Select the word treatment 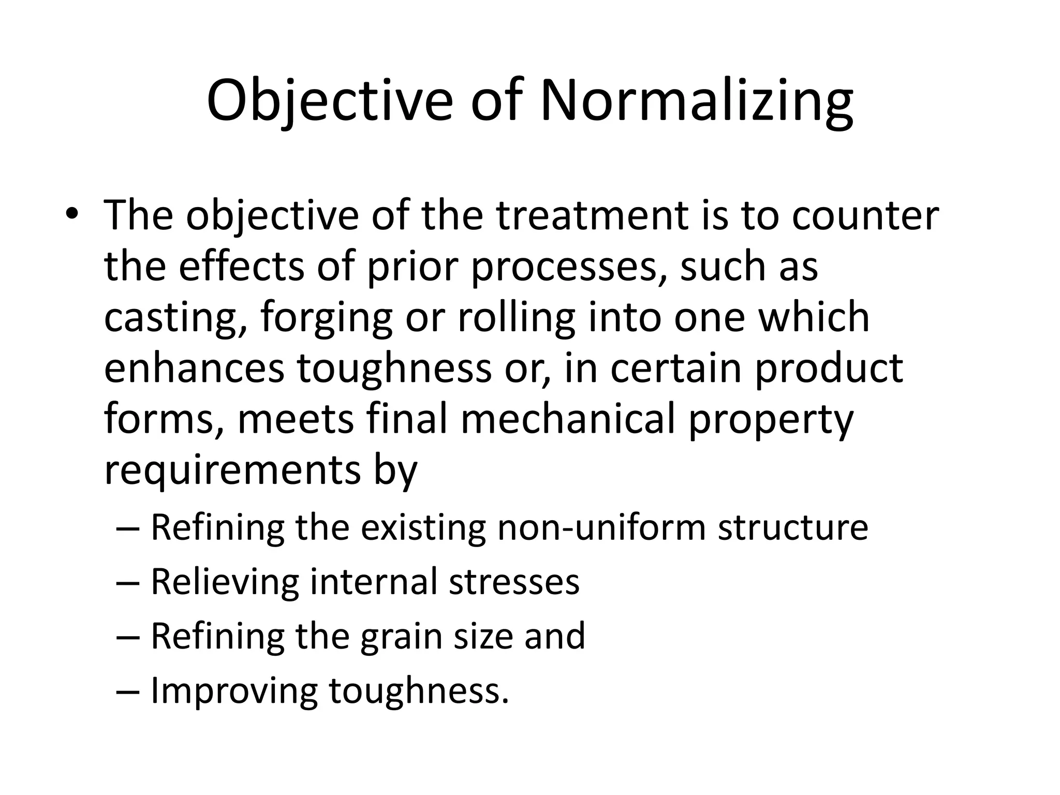(592, 215)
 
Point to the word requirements (232, 470)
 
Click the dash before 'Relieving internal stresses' (128, 582)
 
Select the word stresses (513, 582)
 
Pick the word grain (402, 636)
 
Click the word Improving (234, 691)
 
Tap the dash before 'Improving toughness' (128, 691)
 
